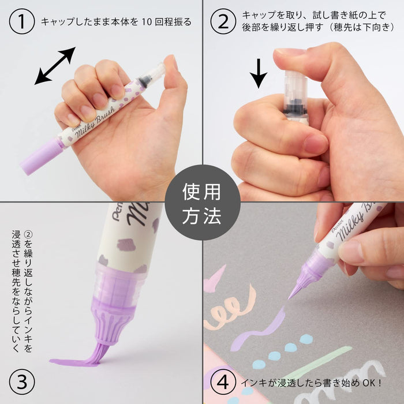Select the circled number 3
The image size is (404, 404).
(22, 381)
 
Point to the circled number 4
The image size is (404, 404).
(223, 381)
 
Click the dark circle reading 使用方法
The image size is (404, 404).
(202, 202)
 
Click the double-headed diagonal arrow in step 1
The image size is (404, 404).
(55, 66)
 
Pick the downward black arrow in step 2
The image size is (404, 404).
(259, 73)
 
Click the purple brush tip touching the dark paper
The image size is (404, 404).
(297, 286)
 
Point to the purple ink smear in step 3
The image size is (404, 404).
(75, 362)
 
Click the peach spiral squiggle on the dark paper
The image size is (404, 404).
(231, 309)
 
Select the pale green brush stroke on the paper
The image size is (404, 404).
(323, 361)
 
